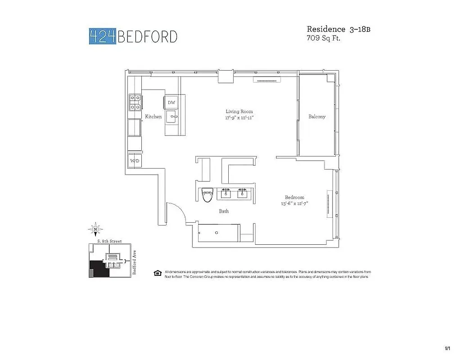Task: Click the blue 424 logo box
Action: pos(103,36)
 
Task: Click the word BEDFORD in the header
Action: pos(147,36)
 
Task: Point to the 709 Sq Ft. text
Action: pos(323,39)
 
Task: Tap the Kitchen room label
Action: pos(153,117)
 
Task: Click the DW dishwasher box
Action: pos(172,103)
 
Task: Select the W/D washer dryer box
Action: pos(134,161)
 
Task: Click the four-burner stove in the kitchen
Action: pos(135,102)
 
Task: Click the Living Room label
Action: pos(239,112)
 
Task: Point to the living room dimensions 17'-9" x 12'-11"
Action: pos(239,118)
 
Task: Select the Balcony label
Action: pos(317,117)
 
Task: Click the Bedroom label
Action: pos(294,197)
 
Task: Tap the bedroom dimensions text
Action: pos(294,203)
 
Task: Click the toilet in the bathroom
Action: pos(207,196)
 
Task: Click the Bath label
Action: pos(224,211)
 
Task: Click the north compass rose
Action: pos(95,229)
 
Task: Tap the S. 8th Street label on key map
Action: pos(109,242)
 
